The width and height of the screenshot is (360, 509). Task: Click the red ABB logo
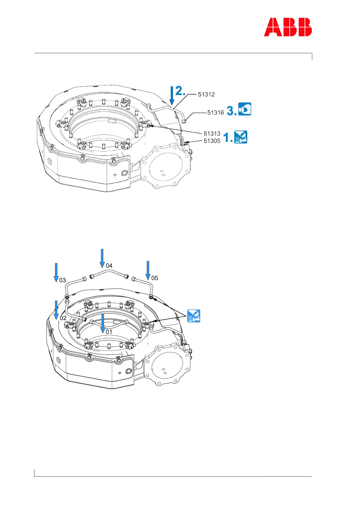pyautogui.click(x=288, y=27)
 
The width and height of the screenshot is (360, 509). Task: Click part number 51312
pyautogui.click(x=206, y=94)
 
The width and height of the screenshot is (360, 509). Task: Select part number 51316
pyautogui.click(x=216, y=112)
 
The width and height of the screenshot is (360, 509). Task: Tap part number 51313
pyautogui.click(x=212, y=133)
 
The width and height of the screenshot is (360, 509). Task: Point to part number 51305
pyautogui.click(x=212, y=141)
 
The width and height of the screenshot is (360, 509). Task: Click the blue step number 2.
pyautogui.click(x=180, y=91)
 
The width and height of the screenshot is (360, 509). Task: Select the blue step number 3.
pyautogui.click(x=232, y=111)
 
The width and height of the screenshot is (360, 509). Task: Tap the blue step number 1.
pyautogui.click(x=228, y=138)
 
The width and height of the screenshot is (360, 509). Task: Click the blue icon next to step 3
pyautogui.click(x=245, y=109)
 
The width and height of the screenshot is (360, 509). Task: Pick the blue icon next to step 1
pyautogui.click(x=241, y=137)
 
